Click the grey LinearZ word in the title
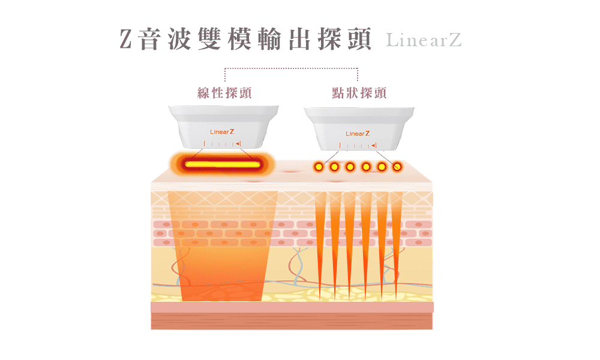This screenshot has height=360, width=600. point(424,40)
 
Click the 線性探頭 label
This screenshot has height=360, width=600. point(224,93)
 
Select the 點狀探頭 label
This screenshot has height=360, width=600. point(359,93)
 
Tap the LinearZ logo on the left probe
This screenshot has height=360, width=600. point(222,131)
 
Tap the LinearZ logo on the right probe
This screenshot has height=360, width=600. point(358,133)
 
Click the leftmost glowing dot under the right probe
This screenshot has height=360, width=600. point(319,166)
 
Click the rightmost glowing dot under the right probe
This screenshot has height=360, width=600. point(397,166)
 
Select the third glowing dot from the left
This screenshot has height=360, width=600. point(350,166)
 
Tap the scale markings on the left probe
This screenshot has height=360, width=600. point(222,144)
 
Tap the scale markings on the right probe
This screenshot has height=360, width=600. point(358,146)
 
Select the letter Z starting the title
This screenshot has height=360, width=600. point(125,39)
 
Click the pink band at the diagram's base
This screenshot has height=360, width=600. point(292,307)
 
